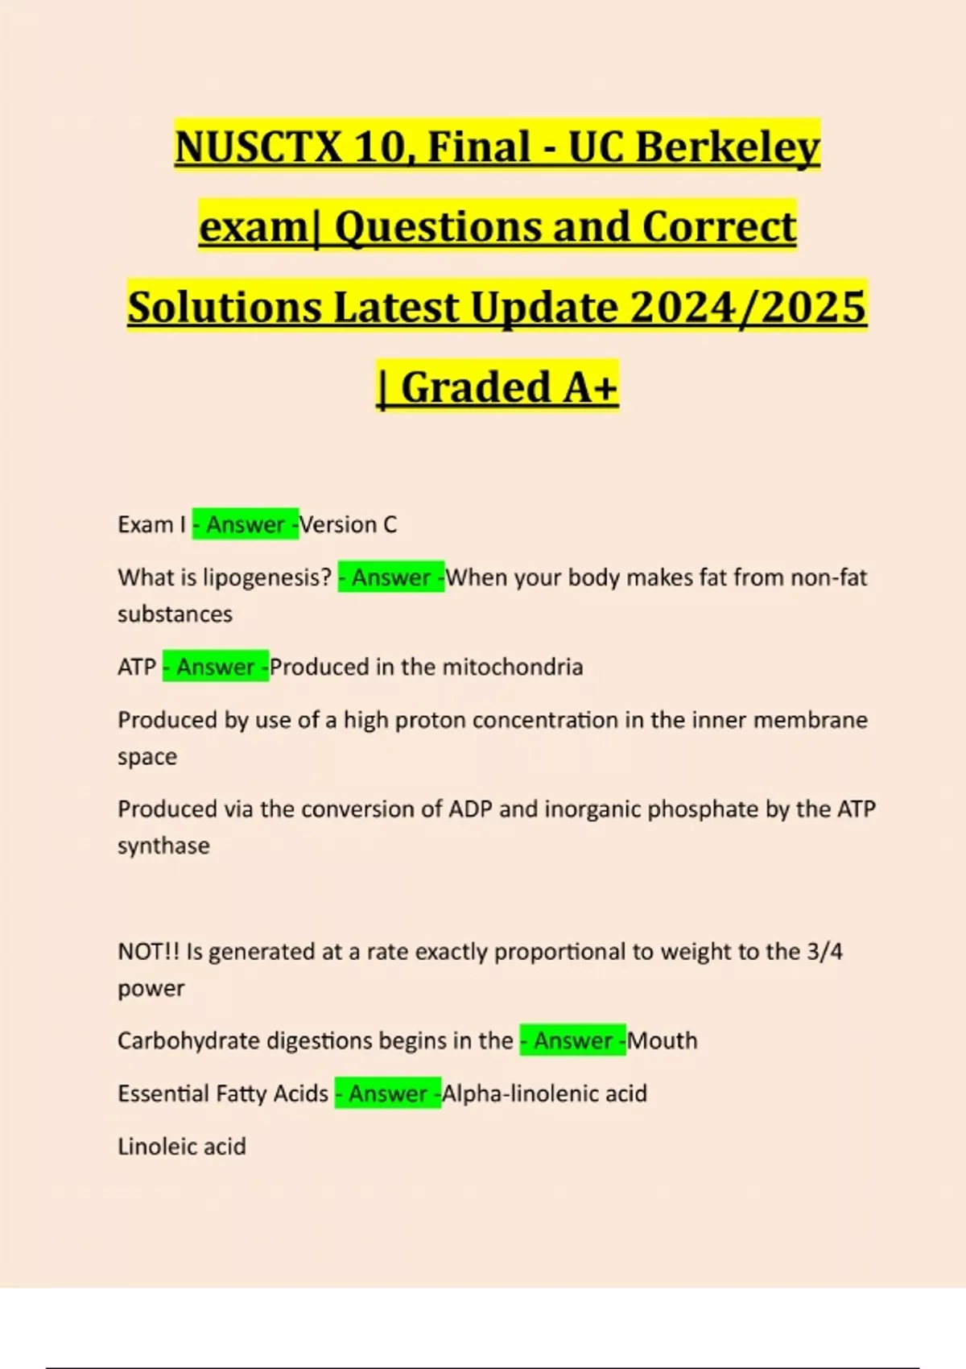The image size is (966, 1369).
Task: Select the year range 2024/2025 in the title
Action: [748, 308]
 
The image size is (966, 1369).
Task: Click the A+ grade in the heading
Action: [590, 387]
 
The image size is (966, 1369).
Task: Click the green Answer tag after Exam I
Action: [246, 525]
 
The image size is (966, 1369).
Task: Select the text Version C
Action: [349, 525]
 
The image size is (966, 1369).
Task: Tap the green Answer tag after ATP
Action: [216, 667]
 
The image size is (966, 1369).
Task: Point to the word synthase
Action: [163, 846]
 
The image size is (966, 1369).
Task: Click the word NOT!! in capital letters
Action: [149, 951]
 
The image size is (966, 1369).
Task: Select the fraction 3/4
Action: [824, 951]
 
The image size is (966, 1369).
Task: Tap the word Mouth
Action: [663, 1040]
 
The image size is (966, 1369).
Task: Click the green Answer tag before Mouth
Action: [573, 1040]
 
